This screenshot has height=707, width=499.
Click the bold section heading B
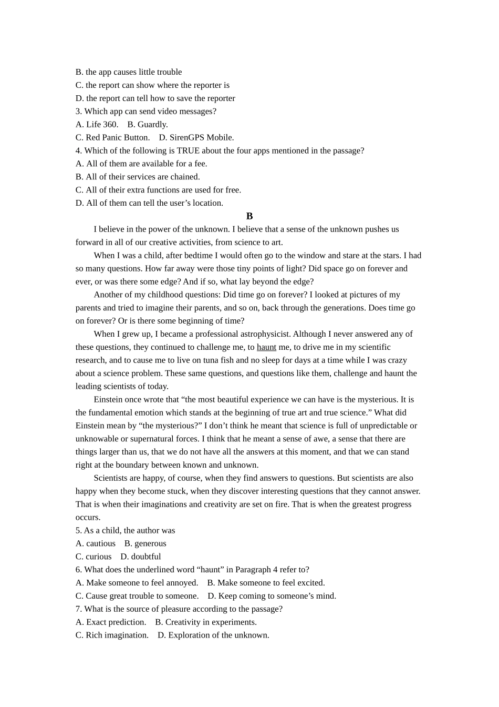(x=250, y=216)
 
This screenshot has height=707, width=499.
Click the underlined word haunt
(x=266, y=347)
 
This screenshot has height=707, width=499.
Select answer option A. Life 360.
(x=97, y=125)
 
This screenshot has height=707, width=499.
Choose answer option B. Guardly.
(x=148, y=125)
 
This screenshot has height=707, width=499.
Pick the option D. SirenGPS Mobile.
(x=196, y=138)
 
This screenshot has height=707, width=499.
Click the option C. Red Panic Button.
(x=112, y=138)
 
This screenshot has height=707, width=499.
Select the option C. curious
(x=93, y=557)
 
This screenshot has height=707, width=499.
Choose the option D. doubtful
(x=141, y=557)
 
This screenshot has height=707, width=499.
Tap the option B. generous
(x=145, y=543)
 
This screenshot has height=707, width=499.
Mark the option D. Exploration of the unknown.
(x=213, y=635)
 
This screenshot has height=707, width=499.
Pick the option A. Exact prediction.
(x=111, y=622)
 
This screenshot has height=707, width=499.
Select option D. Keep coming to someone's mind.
(x=272, y=596)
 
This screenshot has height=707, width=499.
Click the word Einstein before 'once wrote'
(x=108, y=400)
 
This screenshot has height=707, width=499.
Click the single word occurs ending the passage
(x=88, y=518)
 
